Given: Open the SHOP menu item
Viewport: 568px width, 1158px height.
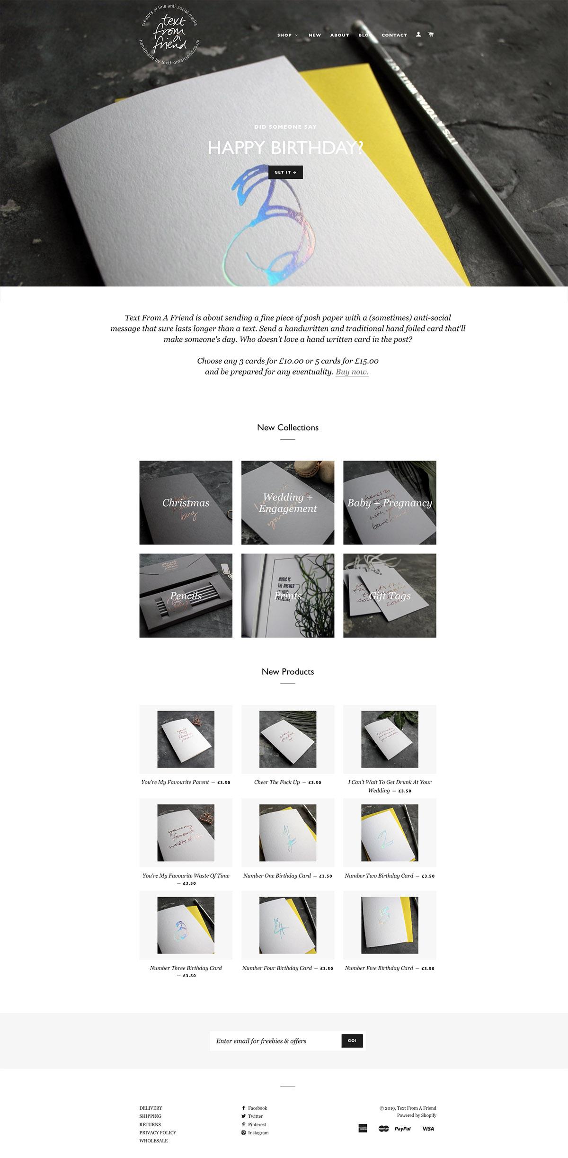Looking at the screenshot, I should click(287, 35).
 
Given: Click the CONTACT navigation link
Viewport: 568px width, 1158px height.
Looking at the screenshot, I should click(394, 35).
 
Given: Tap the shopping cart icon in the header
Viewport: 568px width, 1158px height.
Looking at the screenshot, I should click(430, 34).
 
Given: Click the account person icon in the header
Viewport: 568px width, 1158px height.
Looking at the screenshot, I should click(418, 34).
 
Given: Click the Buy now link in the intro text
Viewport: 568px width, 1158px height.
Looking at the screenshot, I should click(352, 372).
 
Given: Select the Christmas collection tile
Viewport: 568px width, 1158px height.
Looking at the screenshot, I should click(186, 502).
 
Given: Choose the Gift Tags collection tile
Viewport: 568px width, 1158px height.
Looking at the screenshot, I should click(390, 596).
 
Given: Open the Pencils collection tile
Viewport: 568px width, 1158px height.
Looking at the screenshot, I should click(186, 596).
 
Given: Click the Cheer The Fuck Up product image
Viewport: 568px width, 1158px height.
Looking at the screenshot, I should click(287, 739).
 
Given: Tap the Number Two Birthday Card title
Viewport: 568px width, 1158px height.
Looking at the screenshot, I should click(379, 875).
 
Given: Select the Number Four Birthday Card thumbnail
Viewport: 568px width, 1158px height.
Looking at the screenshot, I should click(287, 925).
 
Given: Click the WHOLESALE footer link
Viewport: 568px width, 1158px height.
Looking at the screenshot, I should click(153, 1140).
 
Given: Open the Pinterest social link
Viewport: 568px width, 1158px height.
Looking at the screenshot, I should click(257, 1124).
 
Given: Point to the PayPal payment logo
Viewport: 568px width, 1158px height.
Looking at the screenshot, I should click(402, 1129).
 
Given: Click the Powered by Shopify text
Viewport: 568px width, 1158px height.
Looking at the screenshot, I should click(417, 1115).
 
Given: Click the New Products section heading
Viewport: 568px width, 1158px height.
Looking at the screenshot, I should click(287, 671).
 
